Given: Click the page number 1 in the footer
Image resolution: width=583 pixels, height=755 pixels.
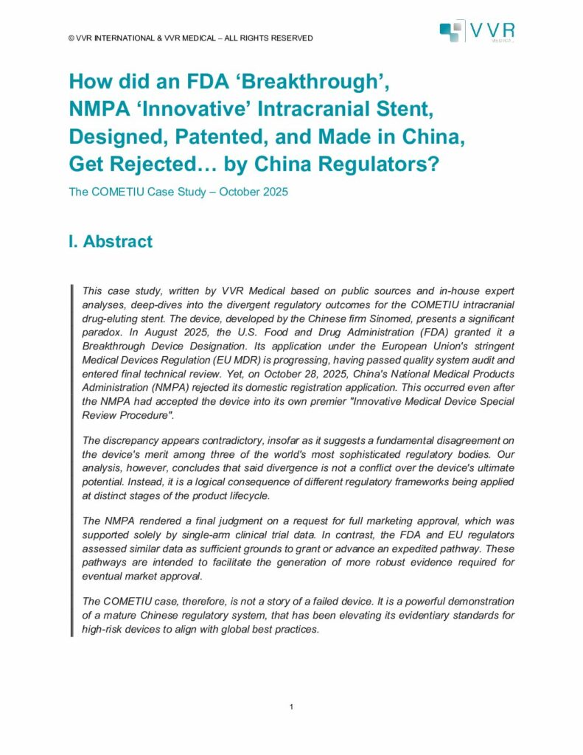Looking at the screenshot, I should coord(292,709).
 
